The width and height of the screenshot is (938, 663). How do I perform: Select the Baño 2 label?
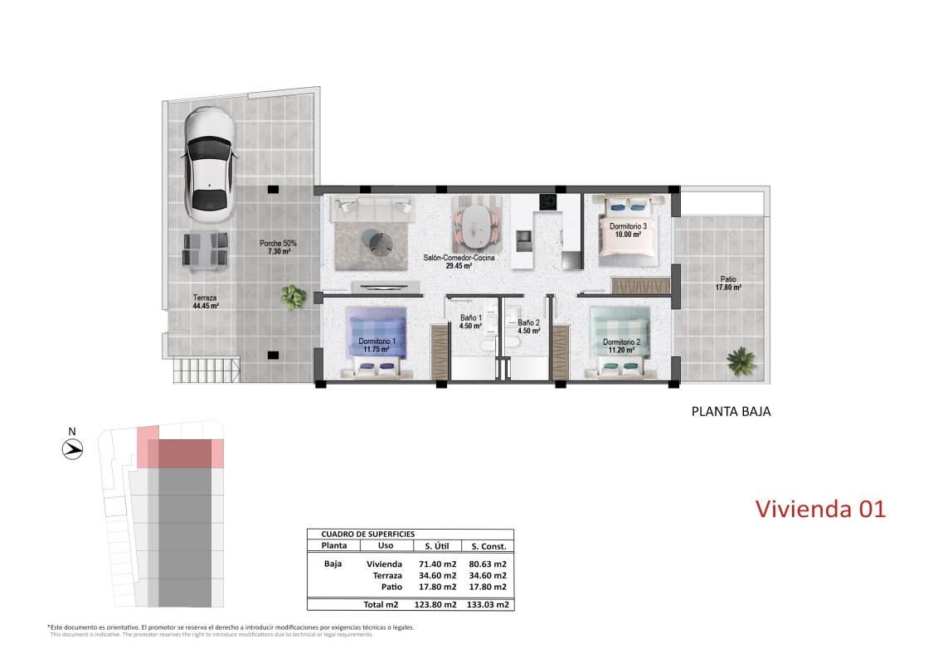(x=528, y=322)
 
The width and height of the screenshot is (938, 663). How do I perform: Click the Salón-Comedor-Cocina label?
(x=448, y=258)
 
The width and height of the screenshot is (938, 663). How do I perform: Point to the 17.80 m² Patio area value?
(x=728, y=288)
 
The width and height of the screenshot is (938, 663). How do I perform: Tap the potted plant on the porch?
(x=293, y=294)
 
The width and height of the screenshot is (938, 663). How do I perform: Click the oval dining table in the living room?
(x=476, y=223)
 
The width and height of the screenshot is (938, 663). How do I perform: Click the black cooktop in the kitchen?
(x=547, y=201)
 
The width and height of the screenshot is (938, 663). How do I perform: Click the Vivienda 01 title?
(x=820, y=508)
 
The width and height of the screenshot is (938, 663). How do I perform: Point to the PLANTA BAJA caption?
(x=731, y=410)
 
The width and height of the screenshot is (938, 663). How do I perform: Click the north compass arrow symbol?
(x=73, y=449)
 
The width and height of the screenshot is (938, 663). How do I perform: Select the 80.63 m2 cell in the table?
(x=488, y=564)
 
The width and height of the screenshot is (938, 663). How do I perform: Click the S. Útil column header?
(x=437, y=546)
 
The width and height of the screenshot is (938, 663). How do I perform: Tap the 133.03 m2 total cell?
(x=488, y=604)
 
